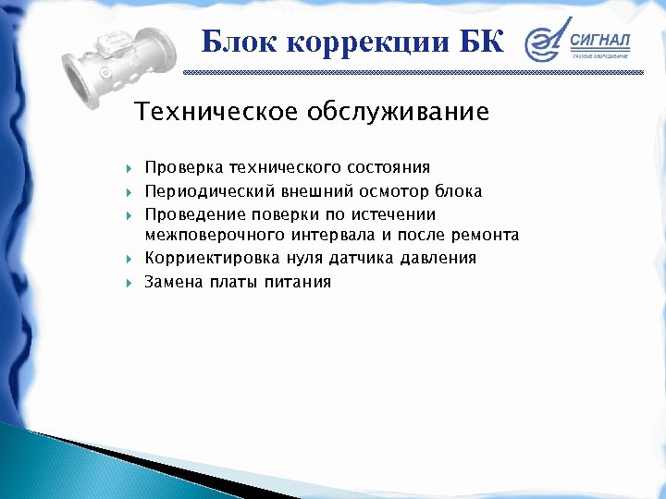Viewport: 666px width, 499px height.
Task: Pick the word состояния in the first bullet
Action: click(388, 167)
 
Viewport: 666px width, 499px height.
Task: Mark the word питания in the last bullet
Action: click(297, 282)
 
